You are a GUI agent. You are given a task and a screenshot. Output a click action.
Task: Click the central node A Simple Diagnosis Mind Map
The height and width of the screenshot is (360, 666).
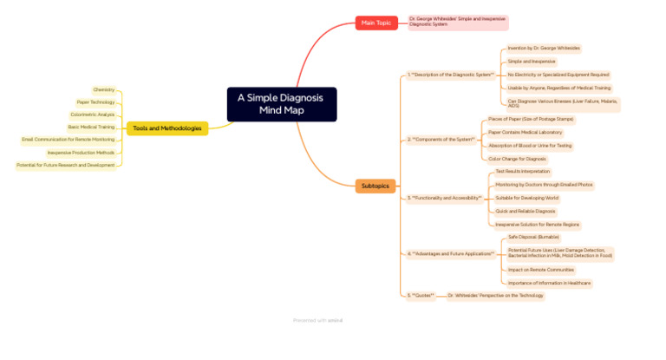281,104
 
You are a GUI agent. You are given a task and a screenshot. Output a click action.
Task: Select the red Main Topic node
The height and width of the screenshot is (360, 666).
376,23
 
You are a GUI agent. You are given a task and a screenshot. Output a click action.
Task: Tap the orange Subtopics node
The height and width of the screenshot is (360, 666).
375,186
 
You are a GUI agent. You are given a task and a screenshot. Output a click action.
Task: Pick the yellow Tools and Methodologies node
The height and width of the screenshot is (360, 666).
167,128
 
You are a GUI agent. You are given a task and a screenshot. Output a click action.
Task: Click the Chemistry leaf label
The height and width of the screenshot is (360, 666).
104,89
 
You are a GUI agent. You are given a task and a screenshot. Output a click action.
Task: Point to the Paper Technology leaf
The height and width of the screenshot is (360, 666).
95,102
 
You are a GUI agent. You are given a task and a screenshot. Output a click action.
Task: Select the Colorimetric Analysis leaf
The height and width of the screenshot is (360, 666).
93,115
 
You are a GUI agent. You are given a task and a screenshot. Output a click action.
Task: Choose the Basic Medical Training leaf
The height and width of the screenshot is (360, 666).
91,127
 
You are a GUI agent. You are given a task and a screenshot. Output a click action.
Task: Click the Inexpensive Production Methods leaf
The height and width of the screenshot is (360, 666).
81,153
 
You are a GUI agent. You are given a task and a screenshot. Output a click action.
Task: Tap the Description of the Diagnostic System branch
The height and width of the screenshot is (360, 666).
451,75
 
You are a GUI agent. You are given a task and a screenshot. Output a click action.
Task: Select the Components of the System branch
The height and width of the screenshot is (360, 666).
441,139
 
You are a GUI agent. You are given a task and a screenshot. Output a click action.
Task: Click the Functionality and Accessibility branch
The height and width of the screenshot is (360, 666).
445,198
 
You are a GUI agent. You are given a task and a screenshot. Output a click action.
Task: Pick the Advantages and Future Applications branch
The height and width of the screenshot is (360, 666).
451,254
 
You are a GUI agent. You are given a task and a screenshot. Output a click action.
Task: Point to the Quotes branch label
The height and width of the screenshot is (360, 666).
421,296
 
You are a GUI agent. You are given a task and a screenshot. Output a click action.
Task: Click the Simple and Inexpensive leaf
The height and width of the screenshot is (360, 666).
532,62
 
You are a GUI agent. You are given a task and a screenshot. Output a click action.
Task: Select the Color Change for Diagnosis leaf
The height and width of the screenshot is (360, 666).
517,159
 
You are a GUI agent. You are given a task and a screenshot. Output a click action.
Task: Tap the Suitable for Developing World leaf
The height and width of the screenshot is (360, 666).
526,198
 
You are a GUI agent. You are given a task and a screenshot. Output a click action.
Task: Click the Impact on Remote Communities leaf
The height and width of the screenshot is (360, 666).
540,270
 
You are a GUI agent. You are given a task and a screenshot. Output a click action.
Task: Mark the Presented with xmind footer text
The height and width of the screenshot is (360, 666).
317,320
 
